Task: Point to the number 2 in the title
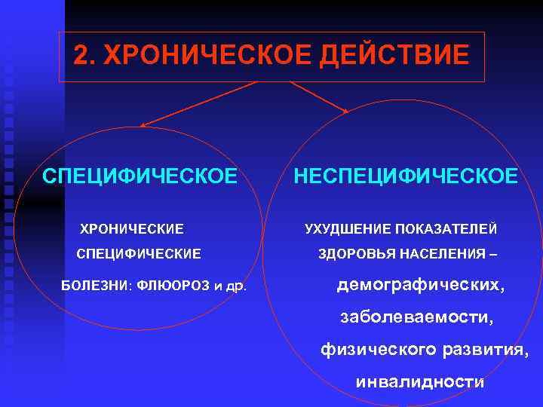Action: pos(83,56)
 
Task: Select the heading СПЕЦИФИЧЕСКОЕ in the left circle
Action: pos(140,176)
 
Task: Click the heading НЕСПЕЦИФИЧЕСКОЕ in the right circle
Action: pos(406,176)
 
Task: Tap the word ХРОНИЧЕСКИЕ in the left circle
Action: pos(132,228)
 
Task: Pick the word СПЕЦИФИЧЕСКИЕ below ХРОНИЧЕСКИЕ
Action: pos(139,255)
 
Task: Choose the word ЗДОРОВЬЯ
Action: pos(354,255)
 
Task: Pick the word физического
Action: pos(377,350)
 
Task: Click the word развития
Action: pos(484,350)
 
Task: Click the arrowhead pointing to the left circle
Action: pos(143,124)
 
